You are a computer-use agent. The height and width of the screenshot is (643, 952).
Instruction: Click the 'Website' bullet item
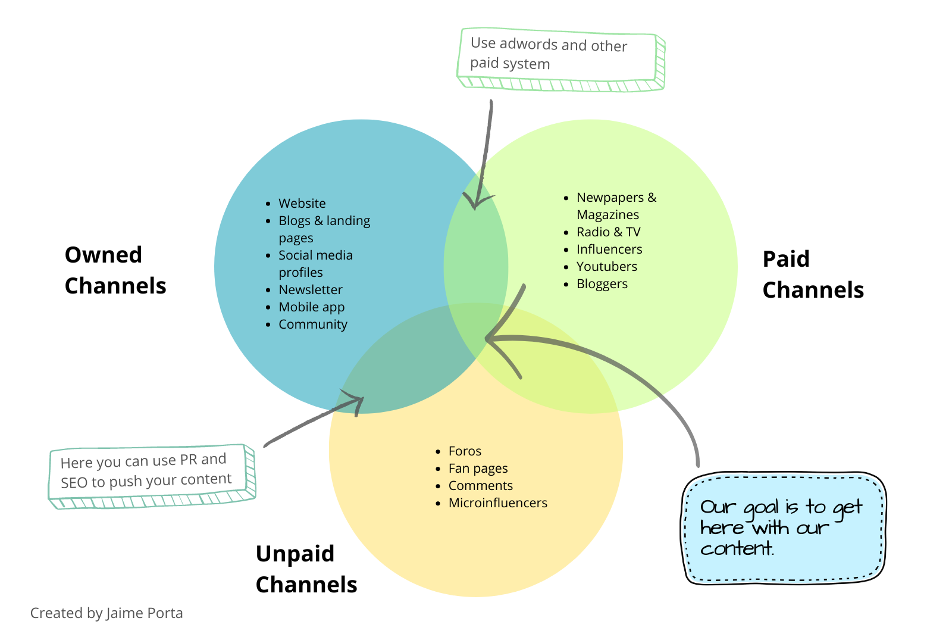click(x=302, y=204)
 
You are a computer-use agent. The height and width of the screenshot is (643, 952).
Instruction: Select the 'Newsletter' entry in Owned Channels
click(x=310, y=290)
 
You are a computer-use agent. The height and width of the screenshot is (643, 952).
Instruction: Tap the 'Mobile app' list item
click(x=311, y=307)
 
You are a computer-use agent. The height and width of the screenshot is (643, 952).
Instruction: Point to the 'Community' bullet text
click(x=312, y=324)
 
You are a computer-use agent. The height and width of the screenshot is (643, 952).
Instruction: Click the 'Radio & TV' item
click(x=608, y=232)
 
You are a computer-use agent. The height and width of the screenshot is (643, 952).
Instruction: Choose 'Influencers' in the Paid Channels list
click(x=609, y=249)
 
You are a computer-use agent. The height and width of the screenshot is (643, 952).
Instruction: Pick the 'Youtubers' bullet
click(x=606, y=267)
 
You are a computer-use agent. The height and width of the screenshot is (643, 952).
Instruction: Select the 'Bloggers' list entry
click(x=602, y=284)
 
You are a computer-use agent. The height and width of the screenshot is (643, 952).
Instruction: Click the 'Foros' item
click(x=465, y=451)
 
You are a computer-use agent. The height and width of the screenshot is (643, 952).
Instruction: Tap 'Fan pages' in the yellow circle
click(x=478, y=469)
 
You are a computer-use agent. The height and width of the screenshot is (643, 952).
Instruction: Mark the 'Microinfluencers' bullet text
click(x=497, y=503)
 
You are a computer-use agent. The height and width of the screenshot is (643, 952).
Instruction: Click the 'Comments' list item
click(x=480, y=486)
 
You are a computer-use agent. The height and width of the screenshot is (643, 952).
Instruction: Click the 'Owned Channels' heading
click(x=115, y=270)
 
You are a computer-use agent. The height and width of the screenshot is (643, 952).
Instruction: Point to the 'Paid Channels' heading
click(x=813, y=274)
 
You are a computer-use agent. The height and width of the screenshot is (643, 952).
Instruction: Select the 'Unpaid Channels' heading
click(x=306, y=569)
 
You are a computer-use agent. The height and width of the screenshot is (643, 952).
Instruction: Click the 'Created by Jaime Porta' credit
click(x=107, y=613)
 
